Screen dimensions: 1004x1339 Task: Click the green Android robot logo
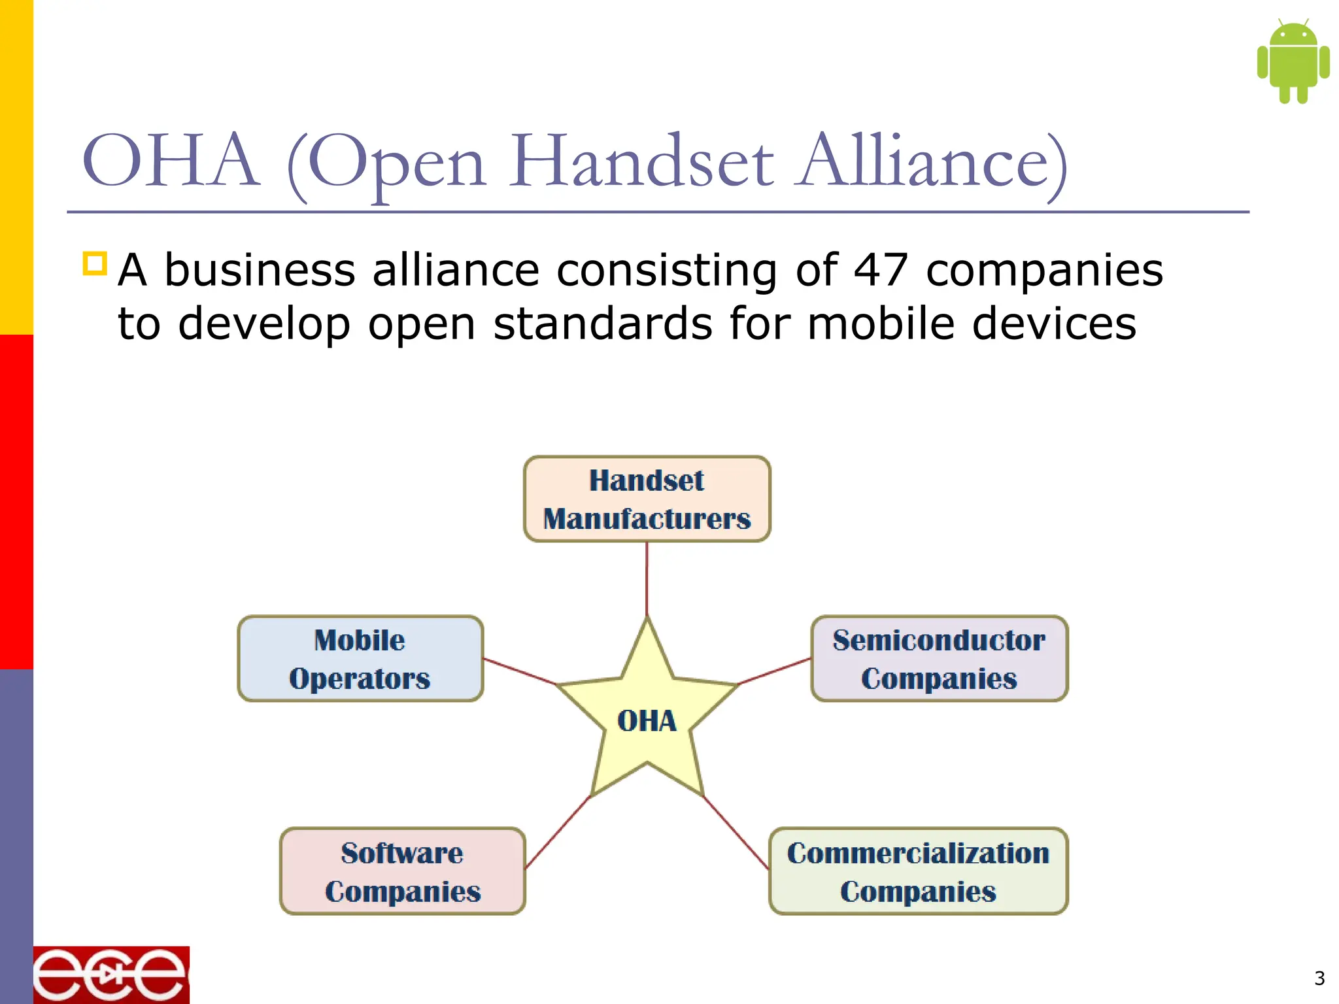tap(1293, 61)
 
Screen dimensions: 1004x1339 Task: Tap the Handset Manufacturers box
tap(647, 499)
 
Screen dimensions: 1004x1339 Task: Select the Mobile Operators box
tap(360, 659)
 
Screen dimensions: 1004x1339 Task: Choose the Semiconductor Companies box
tap(939, 659)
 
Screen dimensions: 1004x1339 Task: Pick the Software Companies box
tap(403, 871)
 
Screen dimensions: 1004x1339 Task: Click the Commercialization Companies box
tap(918, 871)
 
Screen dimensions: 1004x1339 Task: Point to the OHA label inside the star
tap(647, 721)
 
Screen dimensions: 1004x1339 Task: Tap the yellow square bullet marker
tap(95, 263)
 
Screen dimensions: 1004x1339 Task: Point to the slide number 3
tap(1319, 979)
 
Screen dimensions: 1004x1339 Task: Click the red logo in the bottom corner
tap(111, 975)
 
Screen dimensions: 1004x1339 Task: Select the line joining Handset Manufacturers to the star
tap(647, 578)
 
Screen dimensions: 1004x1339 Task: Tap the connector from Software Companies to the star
tap(557, 833)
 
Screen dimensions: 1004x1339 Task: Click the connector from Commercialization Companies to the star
tap(736, 833)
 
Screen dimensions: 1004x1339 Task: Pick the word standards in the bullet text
tap(602, 324)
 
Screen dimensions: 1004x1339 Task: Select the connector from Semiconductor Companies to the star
tap(775, 671)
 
